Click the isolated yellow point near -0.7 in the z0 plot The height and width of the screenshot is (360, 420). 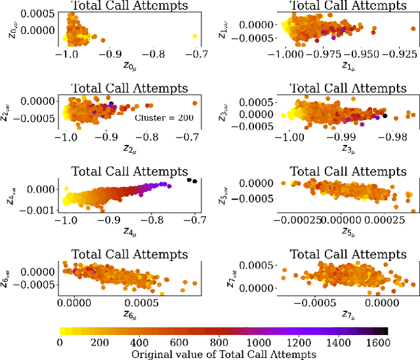(x=195, y=36)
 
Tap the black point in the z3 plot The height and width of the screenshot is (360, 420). (x=385, y=115)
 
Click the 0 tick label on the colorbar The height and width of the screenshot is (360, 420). (x=60, y=342)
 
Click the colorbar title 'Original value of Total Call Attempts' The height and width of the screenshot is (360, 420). (x=223, y=354)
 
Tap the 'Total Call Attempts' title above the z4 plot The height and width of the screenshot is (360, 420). (x=128, y=171)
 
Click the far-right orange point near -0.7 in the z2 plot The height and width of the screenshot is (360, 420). (x=195, y=103)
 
